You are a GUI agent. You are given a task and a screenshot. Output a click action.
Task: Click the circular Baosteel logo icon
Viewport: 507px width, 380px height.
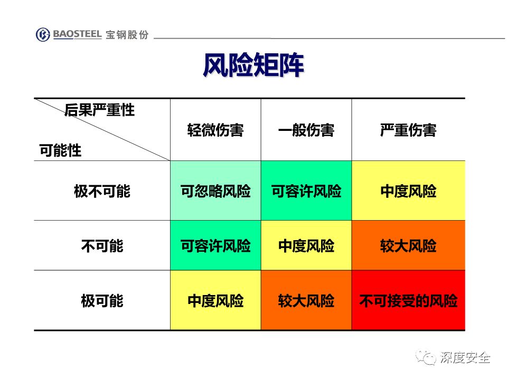click(43, 35)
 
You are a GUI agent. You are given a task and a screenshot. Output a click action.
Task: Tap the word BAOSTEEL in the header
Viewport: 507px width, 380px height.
click(77, 34)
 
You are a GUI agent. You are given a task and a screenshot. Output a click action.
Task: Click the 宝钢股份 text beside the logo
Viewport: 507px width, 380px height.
click(127, 35)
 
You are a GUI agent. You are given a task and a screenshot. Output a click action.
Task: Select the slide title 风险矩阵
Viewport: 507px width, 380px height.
click(253, 65)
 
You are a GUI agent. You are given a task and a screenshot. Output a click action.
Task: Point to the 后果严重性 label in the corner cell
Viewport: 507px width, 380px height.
click(99, 110)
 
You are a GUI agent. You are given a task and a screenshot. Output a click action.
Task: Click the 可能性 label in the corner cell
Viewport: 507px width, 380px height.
click(60, 150)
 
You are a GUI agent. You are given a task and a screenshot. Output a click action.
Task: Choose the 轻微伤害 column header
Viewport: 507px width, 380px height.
click(215, 130)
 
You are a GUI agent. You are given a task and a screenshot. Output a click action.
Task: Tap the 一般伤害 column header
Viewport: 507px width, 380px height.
click(306, 130)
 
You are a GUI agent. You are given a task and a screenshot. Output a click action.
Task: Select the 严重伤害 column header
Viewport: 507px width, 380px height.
click(408, 130)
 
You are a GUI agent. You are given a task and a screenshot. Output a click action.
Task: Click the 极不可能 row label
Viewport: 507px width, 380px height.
click(102, 191)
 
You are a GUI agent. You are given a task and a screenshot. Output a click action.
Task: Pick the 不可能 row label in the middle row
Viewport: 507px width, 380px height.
click(102, 246)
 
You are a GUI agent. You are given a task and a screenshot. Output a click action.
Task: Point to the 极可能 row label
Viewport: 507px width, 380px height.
click(102, 301)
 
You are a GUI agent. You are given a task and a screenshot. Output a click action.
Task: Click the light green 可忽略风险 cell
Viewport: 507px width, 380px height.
click(215, 191)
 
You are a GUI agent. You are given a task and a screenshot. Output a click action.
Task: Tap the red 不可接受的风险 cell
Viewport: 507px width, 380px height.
click(408, 300)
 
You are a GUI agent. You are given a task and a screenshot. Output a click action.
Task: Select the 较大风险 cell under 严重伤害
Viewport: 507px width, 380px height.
click(408, 245)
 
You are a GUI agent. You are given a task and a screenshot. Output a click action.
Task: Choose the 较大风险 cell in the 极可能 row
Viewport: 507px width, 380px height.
click(306, 300)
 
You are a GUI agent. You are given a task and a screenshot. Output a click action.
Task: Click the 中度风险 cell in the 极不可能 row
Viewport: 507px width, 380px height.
click(408, 191)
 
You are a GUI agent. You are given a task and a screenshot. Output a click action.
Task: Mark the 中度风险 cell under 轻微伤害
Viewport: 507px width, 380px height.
click(215, 300)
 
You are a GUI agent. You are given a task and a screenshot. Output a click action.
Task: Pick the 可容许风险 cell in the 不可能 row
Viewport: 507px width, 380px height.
click(215, 245)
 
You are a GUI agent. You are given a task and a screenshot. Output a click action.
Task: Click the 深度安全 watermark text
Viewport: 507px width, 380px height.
click(465, 358)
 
